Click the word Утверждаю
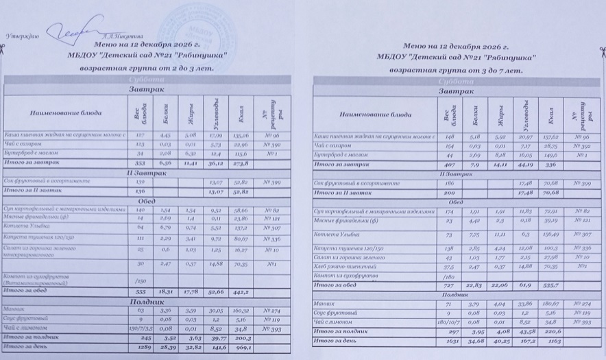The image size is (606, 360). [23, 36]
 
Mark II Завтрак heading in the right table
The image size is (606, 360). [454, 176]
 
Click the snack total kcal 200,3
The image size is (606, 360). [242, 338]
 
